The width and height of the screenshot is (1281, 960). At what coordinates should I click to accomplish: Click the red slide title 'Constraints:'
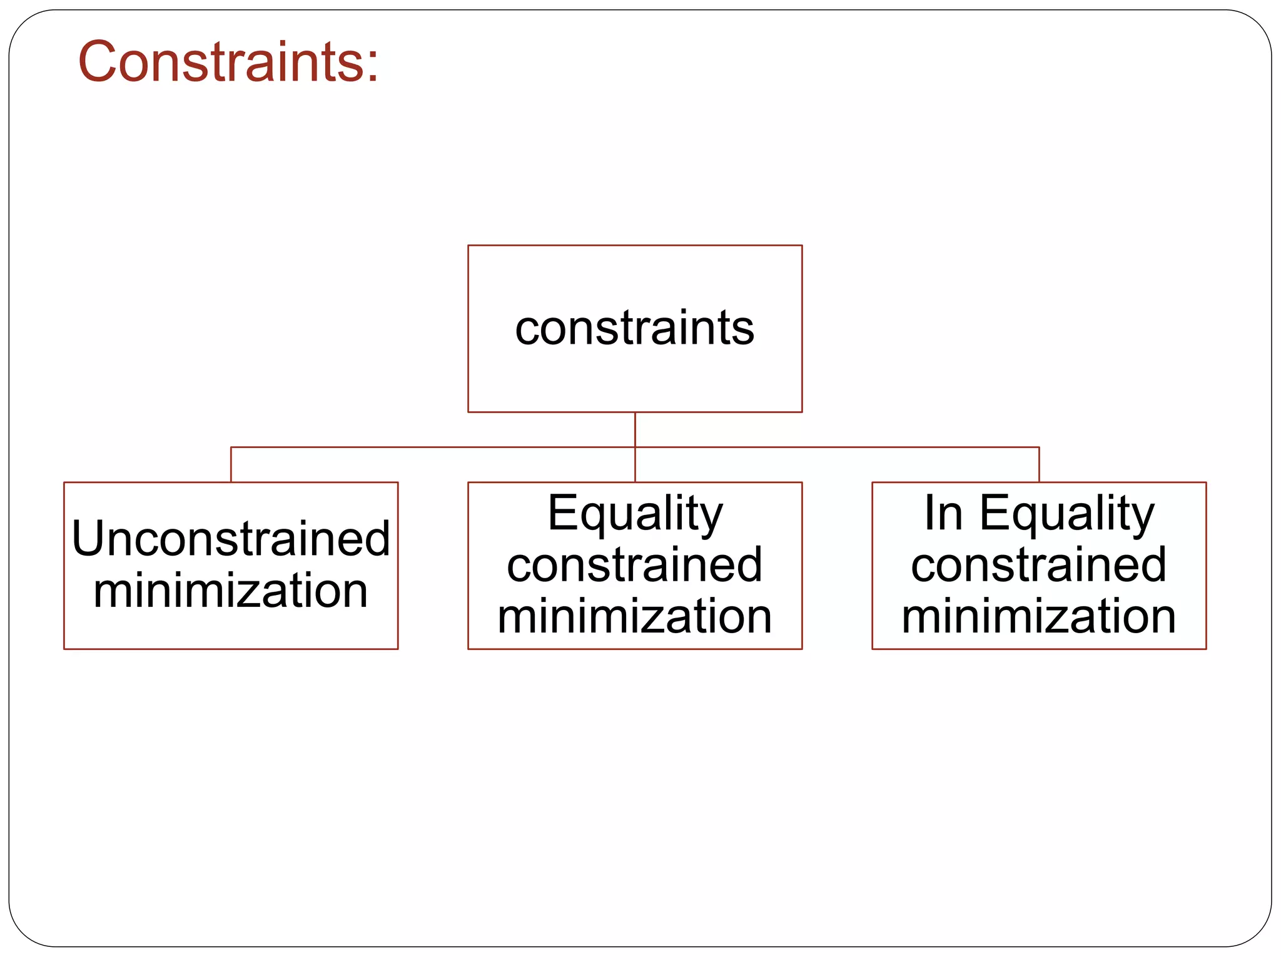tap(228, 61)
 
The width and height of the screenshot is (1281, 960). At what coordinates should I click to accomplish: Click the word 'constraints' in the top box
tap(634, 328)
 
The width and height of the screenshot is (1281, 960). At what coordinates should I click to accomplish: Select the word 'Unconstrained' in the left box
tap(231, 539)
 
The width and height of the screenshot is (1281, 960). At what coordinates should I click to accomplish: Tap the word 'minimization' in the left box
tap(231, 591)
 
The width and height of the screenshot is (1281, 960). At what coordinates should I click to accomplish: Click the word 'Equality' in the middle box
tap(635, 514)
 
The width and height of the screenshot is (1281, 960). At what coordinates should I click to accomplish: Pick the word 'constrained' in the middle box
tap(634, 565)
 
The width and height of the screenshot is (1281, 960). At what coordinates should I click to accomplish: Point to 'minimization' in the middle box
tap(634, 616)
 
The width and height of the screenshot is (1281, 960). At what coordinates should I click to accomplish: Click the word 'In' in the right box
tap(943, 514)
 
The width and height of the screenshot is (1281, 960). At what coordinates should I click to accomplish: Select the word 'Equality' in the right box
tap(1066, 514)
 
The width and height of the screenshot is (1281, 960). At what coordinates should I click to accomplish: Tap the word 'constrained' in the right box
tap(1038, 565)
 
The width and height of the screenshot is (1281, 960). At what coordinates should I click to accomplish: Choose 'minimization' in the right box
tap(1038, 616)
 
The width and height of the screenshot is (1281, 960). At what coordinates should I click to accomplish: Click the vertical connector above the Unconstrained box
tap(231, 465)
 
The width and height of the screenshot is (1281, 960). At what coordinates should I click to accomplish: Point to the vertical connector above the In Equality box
tap(1039, 465)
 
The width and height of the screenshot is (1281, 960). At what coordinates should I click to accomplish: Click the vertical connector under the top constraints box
tap(635, 429)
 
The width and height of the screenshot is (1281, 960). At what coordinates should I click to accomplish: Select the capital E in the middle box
tap(560, 512)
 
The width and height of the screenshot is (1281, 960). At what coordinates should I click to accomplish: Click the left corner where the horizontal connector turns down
tap(231, 447)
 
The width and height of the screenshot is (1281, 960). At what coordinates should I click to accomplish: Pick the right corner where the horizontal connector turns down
tap(1039, 447)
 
